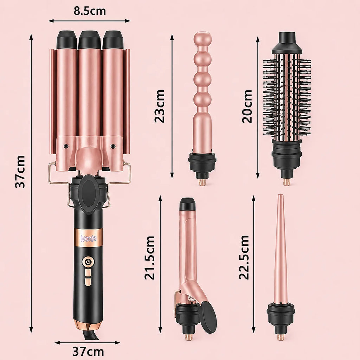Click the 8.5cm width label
pyautogui.click(x=90, y=11)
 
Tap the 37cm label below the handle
pyautogui.click(x=88, y=351)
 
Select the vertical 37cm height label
pyautogui.click(x=20, y=172)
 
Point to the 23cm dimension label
pyautogui.click(x=160, y=106)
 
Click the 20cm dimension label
pyautogui.click(x=247, y=106)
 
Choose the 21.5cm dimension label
pyautogui.click(x=149, y=257)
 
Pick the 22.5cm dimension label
pyautogui.click(x=244, y=257)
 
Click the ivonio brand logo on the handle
pyautogui.click(x=89, y=238)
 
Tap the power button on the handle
pyautogui.click(x=88, y=262)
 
